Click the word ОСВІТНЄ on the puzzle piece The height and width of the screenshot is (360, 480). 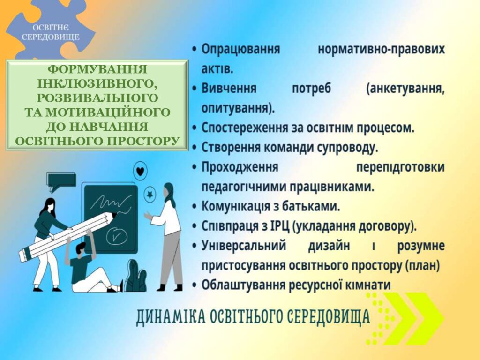coord(51,28)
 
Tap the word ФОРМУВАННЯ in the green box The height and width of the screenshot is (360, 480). coord(97,69)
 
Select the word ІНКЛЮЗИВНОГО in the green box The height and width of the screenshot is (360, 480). coord(97,84)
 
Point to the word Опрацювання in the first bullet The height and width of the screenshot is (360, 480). coord(240,49)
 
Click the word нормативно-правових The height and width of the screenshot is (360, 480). coord(382,49)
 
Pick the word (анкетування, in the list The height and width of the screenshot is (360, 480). coord(405,89)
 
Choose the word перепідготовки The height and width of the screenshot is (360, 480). coord(401,167)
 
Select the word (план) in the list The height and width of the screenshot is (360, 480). coord(422,266)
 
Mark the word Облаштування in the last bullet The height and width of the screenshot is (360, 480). coord(243,285)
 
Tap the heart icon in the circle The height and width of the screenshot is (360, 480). coord(140,171)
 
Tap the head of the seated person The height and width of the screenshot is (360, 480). coord(81,247)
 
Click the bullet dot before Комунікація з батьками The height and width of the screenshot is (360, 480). coord(194,207)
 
